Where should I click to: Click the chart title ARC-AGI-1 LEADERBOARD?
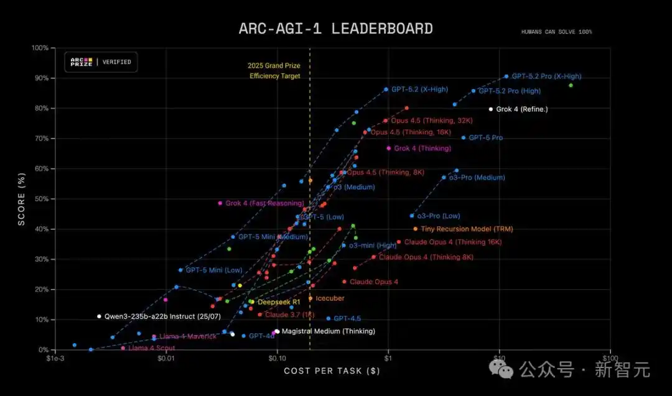(x=336, y=29)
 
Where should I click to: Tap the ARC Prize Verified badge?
(x=101, y=62)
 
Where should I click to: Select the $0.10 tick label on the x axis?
(x=277, y=358)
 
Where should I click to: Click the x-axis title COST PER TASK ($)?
(x=332, y=371)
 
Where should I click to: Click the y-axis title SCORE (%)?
(x=21, y=199)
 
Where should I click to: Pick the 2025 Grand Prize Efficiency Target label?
(x=274, y=71)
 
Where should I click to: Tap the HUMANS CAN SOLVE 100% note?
(x=557, y=32)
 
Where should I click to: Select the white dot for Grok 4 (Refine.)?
(x=491, y=109)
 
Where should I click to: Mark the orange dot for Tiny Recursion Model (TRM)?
(x=415, y=229)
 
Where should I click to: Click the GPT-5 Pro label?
(x=485, y=138)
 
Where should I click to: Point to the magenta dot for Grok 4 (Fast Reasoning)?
(x=220, y=203)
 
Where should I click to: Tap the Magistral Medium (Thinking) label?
(x=328, y=331)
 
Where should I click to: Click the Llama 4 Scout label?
(x=151, y=348)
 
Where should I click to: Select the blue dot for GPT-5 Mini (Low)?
(x=180, y=270)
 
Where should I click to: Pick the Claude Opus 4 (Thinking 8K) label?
(x=426, y=257)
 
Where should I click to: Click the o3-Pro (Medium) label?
(x=477, y=178)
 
